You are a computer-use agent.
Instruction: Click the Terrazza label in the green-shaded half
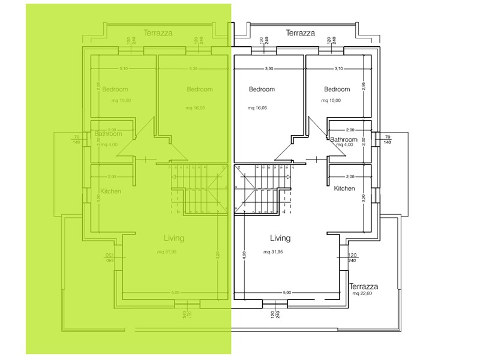point(158,33)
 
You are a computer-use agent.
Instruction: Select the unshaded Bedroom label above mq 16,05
point(262,89)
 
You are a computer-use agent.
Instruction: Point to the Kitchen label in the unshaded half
point(344,188)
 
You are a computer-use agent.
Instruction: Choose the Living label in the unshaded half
point(280,238)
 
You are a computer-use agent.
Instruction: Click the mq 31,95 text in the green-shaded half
point(167,251)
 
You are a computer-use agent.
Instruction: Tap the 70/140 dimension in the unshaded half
point(387,139)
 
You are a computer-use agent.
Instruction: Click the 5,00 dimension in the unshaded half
point(287,292)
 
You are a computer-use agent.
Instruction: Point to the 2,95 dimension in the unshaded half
point(363,86)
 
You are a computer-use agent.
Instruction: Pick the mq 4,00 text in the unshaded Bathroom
point(344,145)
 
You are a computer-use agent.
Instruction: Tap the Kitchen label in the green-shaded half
point(111,191)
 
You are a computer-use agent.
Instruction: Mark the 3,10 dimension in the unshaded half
point(338,69)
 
